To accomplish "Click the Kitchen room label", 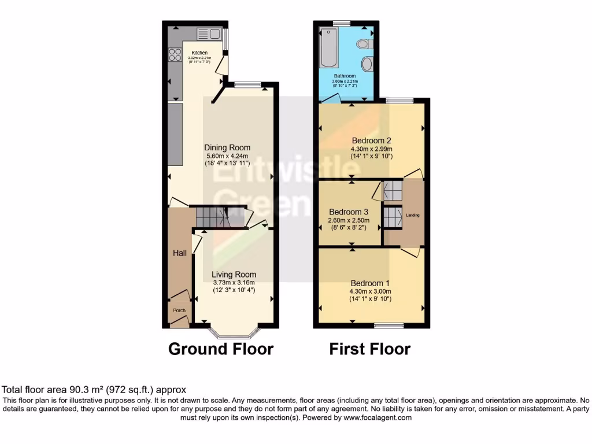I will pyautogui.click(x=199, y=53).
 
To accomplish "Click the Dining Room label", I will pyautogui.click(x=227, y=148).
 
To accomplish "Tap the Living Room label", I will pyautogui.click(x=234, y=275).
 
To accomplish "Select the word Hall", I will pyautogui.click(x=179, y=253).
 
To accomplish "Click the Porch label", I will pyautogui.click(x=180, y=310).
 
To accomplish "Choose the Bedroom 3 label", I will pyautogui.click(x=348, y=212).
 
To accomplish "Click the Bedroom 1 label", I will pyautogui.click(x=371, y=283).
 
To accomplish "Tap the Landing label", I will pyautogui.click(x=413, y=215).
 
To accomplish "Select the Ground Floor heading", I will pyautogui.click(x=220, y=349).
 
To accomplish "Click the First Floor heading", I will pyautogui.click(x=370, y=349).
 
